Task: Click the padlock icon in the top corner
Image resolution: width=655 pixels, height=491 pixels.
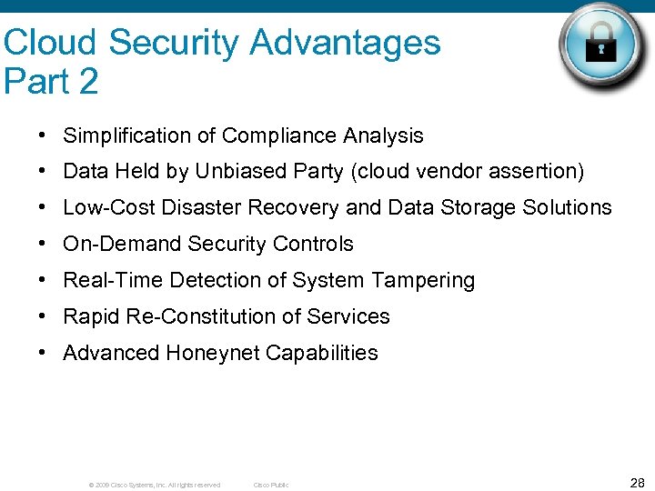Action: (x=601, y=48)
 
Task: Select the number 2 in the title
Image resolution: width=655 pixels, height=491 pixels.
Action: (x=88, y=82)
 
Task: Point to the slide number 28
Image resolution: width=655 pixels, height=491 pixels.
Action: (x=637, y=482)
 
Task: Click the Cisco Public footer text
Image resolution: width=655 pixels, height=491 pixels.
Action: (x=271, y=485)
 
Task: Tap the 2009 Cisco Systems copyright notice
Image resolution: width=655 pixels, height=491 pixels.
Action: (x=155, y=485)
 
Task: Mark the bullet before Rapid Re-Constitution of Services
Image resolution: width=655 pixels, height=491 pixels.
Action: (x=44, y=316)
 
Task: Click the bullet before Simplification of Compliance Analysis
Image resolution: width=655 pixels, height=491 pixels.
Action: (x=44, y=136)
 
